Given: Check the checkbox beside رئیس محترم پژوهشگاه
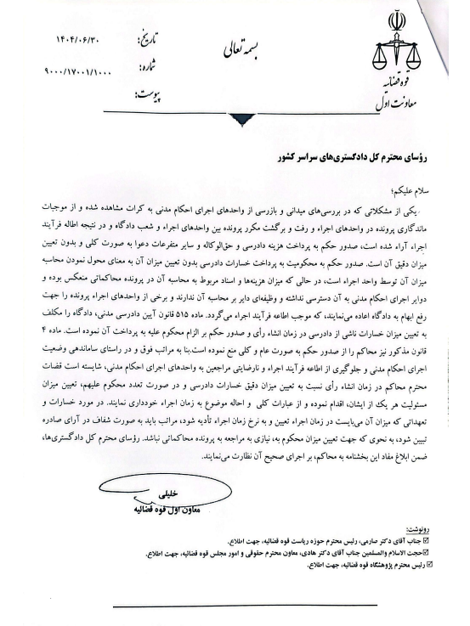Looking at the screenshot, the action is (x=438, y=562).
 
